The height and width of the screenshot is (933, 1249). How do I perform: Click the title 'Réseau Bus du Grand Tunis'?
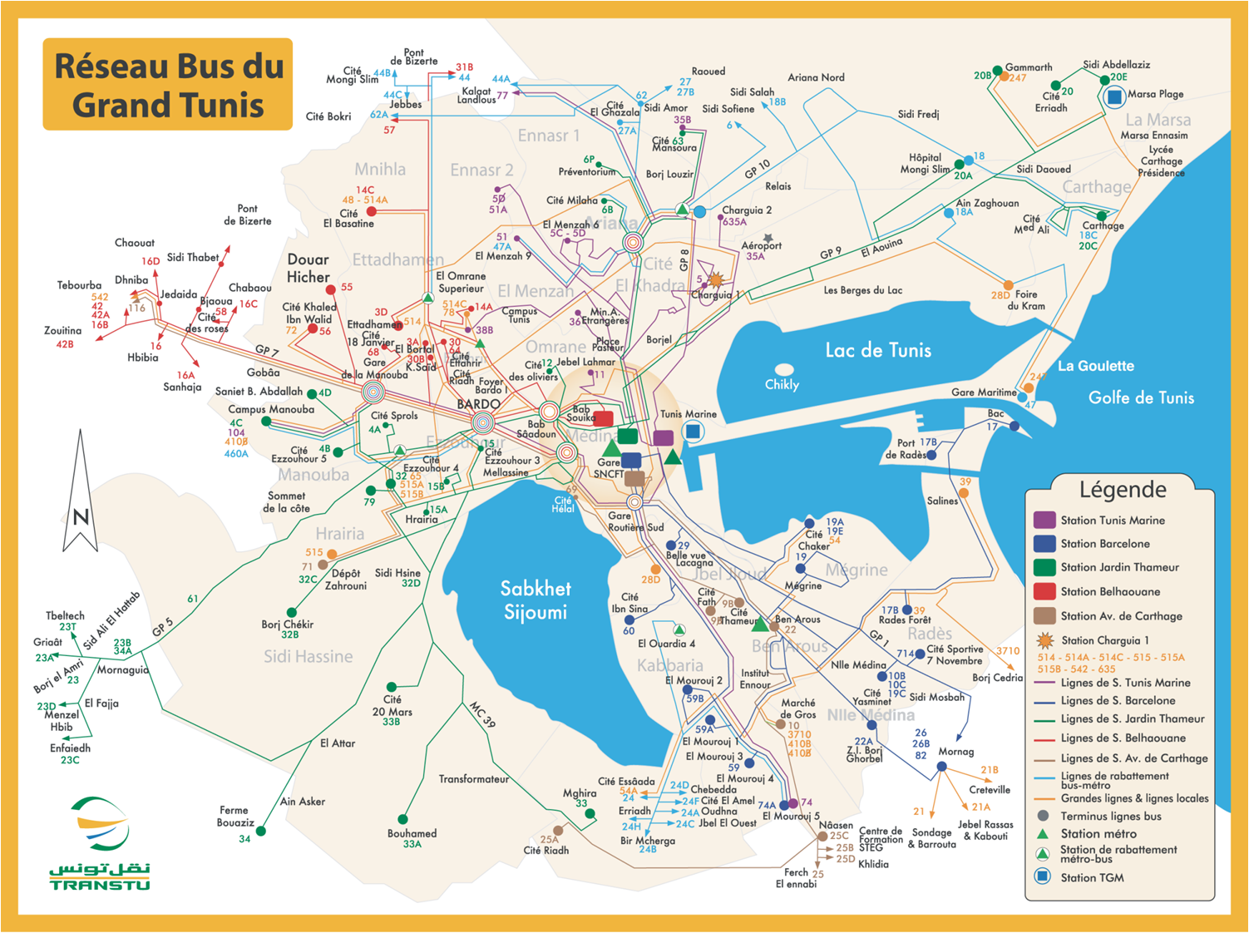point(168,85)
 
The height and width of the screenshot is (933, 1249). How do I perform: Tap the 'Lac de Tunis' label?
point(877,350)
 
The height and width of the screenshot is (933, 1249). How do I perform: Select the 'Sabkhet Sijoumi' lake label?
point(535,600)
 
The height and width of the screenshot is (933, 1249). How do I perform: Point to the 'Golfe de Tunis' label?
point(1141,398)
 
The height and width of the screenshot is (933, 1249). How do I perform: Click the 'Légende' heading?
point(1122,489)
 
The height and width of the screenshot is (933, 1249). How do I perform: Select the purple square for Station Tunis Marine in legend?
point(1044,521)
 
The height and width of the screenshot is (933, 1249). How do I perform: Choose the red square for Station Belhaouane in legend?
point(1044,591)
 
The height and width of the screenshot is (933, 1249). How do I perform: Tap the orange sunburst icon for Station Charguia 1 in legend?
point(1044,640)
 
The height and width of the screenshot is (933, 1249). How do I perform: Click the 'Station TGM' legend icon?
point(1043,876)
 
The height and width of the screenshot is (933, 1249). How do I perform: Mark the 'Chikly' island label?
point(782,384)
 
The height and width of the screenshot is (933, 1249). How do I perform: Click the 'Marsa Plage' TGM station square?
point(1114,96)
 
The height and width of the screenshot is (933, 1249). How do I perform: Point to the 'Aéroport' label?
point(761,245)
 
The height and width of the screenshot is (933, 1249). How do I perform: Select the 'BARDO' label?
point(478,404)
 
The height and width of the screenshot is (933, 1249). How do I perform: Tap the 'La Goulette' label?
point(1095,366)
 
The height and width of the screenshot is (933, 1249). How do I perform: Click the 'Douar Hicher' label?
point(309,269)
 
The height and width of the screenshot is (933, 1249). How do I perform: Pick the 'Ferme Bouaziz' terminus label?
point(235,816)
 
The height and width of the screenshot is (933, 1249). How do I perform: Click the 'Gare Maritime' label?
point(984,392)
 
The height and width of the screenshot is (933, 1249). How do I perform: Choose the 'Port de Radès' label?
point(906,449)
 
